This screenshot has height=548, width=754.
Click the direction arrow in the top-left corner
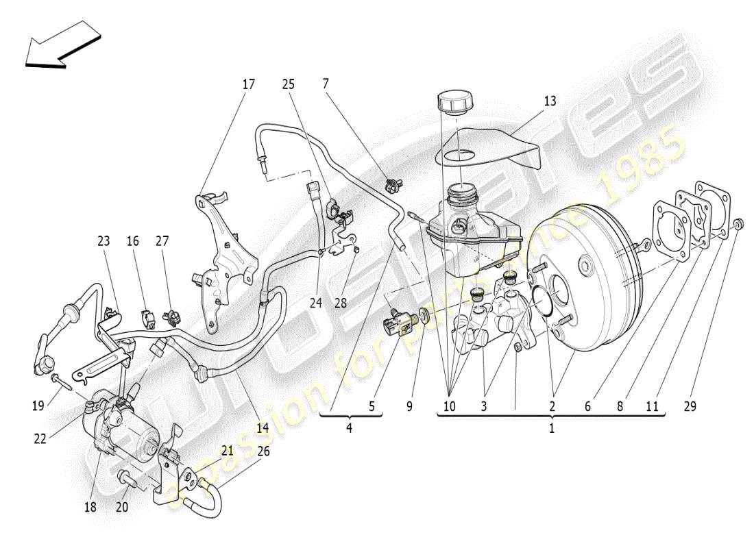click(61, 45)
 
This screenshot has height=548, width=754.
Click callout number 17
click(248, 84)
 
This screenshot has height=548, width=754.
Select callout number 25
click(289, 84)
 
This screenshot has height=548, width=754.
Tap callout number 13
click(550, 101)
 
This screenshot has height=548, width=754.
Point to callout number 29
click(690, 406)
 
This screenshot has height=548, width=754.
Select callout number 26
click(264, 451)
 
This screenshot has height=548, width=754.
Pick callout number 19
click(38, 406)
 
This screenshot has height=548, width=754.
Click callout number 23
click(103, 241)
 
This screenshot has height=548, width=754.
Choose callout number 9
click(409, 406)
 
